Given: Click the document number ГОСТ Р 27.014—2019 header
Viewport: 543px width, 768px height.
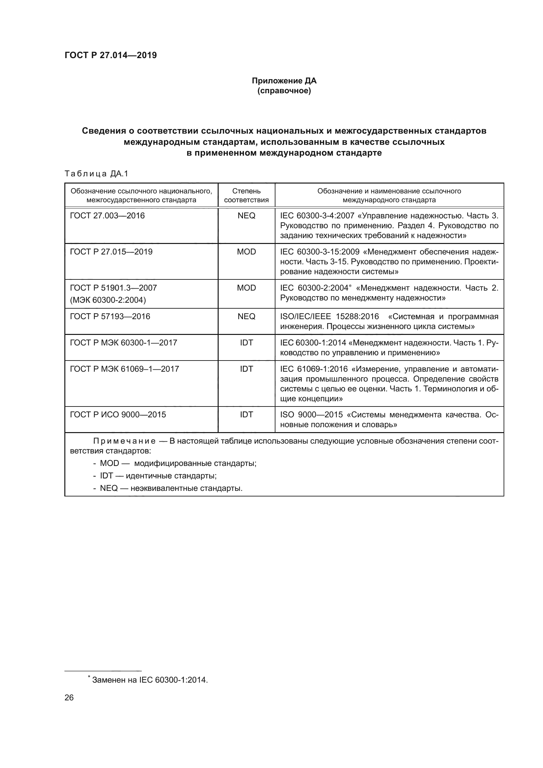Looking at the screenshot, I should (x=111, y=55).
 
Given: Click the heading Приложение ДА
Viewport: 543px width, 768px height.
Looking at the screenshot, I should (x=284, y=81).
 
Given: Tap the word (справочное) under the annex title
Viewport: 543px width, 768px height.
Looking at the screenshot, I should (x=284, y=91).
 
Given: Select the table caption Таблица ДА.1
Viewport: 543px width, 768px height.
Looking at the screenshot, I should (x=97, y=174).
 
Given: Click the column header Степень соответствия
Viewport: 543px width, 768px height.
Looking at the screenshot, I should (x=246, y=195).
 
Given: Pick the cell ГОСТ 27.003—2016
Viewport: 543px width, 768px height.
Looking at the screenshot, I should (x=107, y=216).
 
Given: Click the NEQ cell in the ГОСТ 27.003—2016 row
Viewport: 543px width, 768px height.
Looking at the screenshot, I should (x=246, y=216).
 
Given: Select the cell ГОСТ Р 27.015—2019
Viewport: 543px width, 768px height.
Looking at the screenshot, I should (x=111, y=252).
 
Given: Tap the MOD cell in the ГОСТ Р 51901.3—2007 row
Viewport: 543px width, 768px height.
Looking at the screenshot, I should (x=246, y=288).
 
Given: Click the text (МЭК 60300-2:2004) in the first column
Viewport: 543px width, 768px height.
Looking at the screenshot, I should (x=108, y=300).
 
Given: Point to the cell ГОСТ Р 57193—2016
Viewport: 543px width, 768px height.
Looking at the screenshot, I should (x=110, y=317).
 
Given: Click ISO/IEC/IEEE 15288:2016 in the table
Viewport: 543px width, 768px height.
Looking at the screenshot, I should (x=329, y=317).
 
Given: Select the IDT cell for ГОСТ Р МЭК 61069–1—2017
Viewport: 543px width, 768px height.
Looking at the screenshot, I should (x=246, y=369).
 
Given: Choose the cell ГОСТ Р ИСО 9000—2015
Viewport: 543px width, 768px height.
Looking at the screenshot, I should (x=118, y=415).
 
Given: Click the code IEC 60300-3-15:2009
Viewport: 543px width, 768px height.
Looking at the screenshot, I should (x=320, y=252).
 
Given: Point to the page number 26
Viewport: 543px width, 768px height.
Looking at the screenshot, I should (x=69, y=697).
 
